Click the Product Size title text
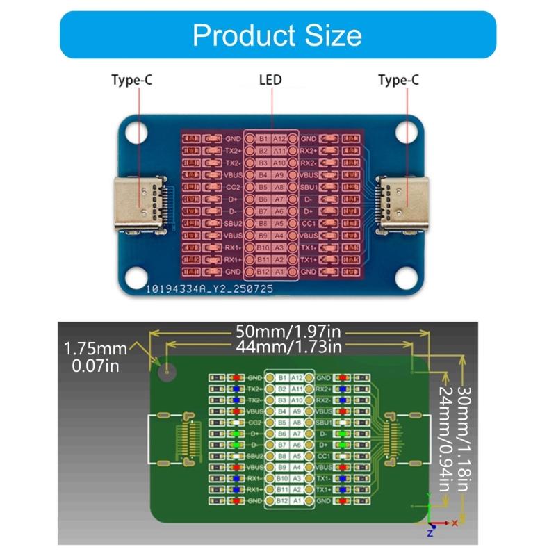[x=277, y=34]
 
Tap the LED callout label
[x=271, y=81]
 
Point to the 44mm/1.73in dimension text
[x=289, y=346]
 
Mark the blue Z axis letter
[x=430, y=533]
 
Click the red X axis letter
[x=455, y=522]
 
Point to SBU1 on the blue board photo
[x=309, y=187]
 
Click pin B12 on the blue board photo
[x=263, y=270]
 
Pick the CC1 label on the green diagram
[x=324, y=456]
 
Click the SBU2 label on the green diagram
[x=254, y=456]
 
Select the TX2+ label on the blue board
[x=233, y=151]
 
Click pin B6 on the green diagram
[x=282, y=434]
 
